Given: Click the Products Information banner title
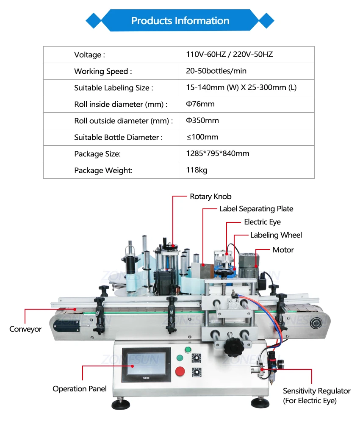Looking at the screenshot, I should click(x=180, y=21).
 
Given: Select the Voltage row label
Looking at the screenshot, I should click(x=89, y=55).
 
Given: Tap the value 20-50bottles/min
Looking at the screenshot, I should click(x=216, y=71).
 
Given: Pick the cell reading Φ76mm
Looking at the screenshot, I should click(x=200, y=104).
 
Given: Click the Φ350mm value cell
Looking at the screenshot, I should click(x=202, y=121).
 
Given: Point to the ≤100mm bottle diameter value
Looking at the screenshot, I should click(x=202, y=137).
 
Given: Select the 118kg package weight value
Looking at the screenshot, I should click(x=197, y=170).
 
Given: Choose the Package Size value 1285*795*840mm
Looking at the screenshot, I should click(x=217, y=154).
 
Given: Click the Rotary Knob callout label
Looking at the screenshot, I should click(x=210, y=197).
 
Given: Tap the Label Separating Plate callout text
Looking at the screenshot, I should click(x=256, y=209).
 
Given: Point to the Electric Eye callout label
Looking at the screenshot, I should click(x=262, y=222).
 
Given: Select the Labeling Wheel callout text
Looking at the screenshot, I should click(x=276, y=235).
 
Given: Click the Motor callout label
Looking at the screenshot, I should click(x=283, y=250).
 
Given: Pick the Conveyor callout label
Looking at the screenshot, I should click(x=25, y=329).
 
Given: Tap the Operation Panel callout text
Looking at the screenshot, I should click(x=80, y=389).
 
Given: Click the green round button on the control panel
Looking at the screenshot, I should click(x=188, y=350).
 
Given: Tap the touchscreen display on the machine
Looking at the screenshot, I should click(x=146, y=365).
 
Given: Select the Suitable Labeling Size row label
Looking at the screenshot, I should click(x=113, y=88).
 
